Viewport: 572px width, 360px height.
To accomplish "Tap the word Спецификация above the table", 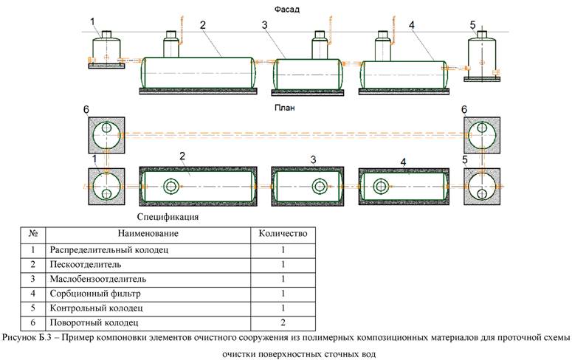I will coord(168,218).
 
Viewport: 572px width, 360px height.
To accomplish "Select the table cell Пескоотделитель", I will coord(80,264).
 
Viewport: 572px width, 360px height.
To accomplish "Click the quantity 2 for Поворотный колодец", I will coord(283,323).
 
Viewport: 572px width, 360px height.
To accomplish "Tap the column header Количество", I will coord(283,234).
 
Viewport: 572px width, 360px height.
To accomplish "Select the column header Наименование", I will coord(147,234).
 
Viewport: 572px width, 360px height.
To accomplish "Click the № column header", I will coord(32,234).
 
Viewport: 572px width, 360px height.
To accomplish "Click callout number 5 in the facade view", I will coord(473,25).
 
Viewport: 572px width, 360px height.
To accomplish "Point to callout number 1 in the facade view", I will coord(94,22).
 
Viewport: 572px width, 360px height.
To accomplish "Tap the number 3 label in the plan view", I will coord(313,159).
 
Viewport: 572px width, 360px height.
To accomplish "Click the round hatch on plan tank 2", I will coord(172,186).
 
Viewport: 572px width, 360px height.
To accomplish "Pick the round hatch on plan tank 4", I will coord(382,186).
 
